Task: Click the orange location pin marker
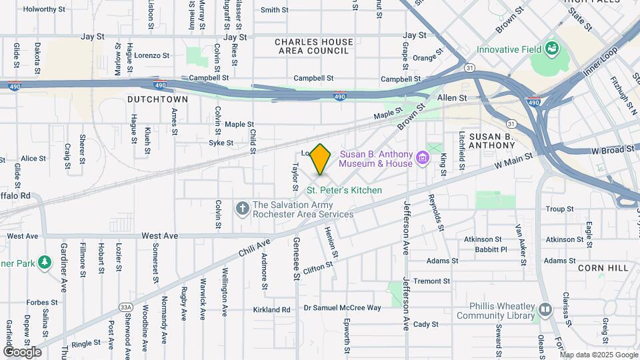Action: tap(321, 159)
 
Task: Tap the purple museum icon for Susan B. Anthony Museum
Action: tap(422, 158)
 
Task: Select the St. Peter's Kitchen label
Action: tap(344, 190)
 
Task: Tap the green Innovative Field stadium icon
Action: tap(551, 49)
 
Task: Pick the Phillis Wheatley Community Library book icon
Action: tap(545, 310)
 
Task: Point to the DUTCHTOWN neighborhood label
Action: tap(157, 99)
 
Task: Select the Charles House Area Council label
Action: tap(314, 47)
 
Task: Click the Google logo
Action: tap(22, 351)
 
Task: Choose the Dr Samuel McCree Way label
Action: tap(342, 308)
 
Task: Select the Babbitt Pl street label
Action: tap(492, 249)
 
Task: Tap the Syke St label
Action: tap(221, 143)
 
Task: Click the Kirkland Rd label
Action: tap(272, 309)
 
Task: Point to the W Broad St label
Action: tap(614, 150)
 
